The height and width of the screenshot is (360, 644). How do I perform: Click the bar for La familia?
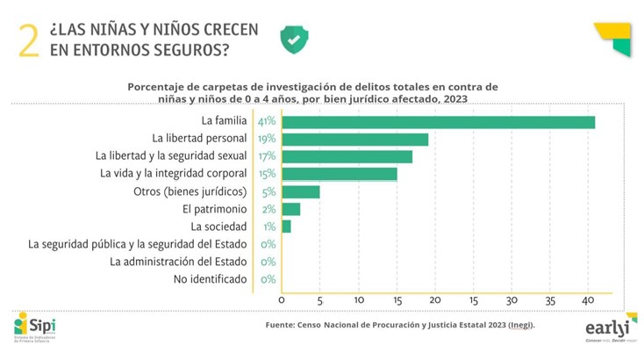[x=438, y=122]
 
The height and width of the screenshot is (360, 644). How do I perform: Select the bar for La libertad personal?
[x=354, y=140]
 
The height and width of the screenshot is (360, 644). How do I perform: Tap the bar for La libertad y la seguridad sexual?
[x=347, y=156]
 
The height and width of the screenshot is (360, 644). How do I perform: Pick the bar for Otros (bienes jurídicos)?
[x=300, y=191]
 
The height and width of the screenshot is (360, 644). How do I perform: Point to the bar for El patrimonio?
[x=290, y=209]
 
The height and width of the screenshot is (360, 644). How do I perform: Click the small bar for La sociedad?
[x=286, y=227]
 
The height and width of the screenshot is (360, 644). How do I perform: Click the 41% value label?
[x=267, y=122]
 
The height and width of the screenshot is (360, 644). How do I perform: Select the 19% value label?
[x=267, y=140]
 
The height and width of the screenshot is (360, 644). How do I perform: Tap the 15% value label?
[x=267, y=174]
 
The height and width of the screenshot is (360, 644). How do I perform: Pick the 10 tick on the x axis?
[x=359, y=300]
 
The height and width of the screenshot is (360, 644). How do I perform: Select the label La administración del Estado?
[x=179, y=262]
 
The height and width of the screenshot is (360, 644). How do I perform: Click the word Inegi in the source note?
[x=516, y=325]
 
